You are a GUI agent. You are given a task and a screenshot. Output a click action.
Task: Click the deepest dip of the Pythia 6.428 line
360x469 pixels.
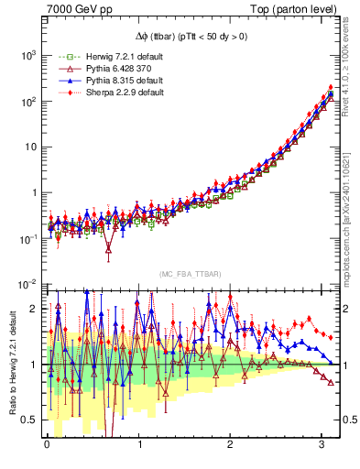click(x=109, y=247)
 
